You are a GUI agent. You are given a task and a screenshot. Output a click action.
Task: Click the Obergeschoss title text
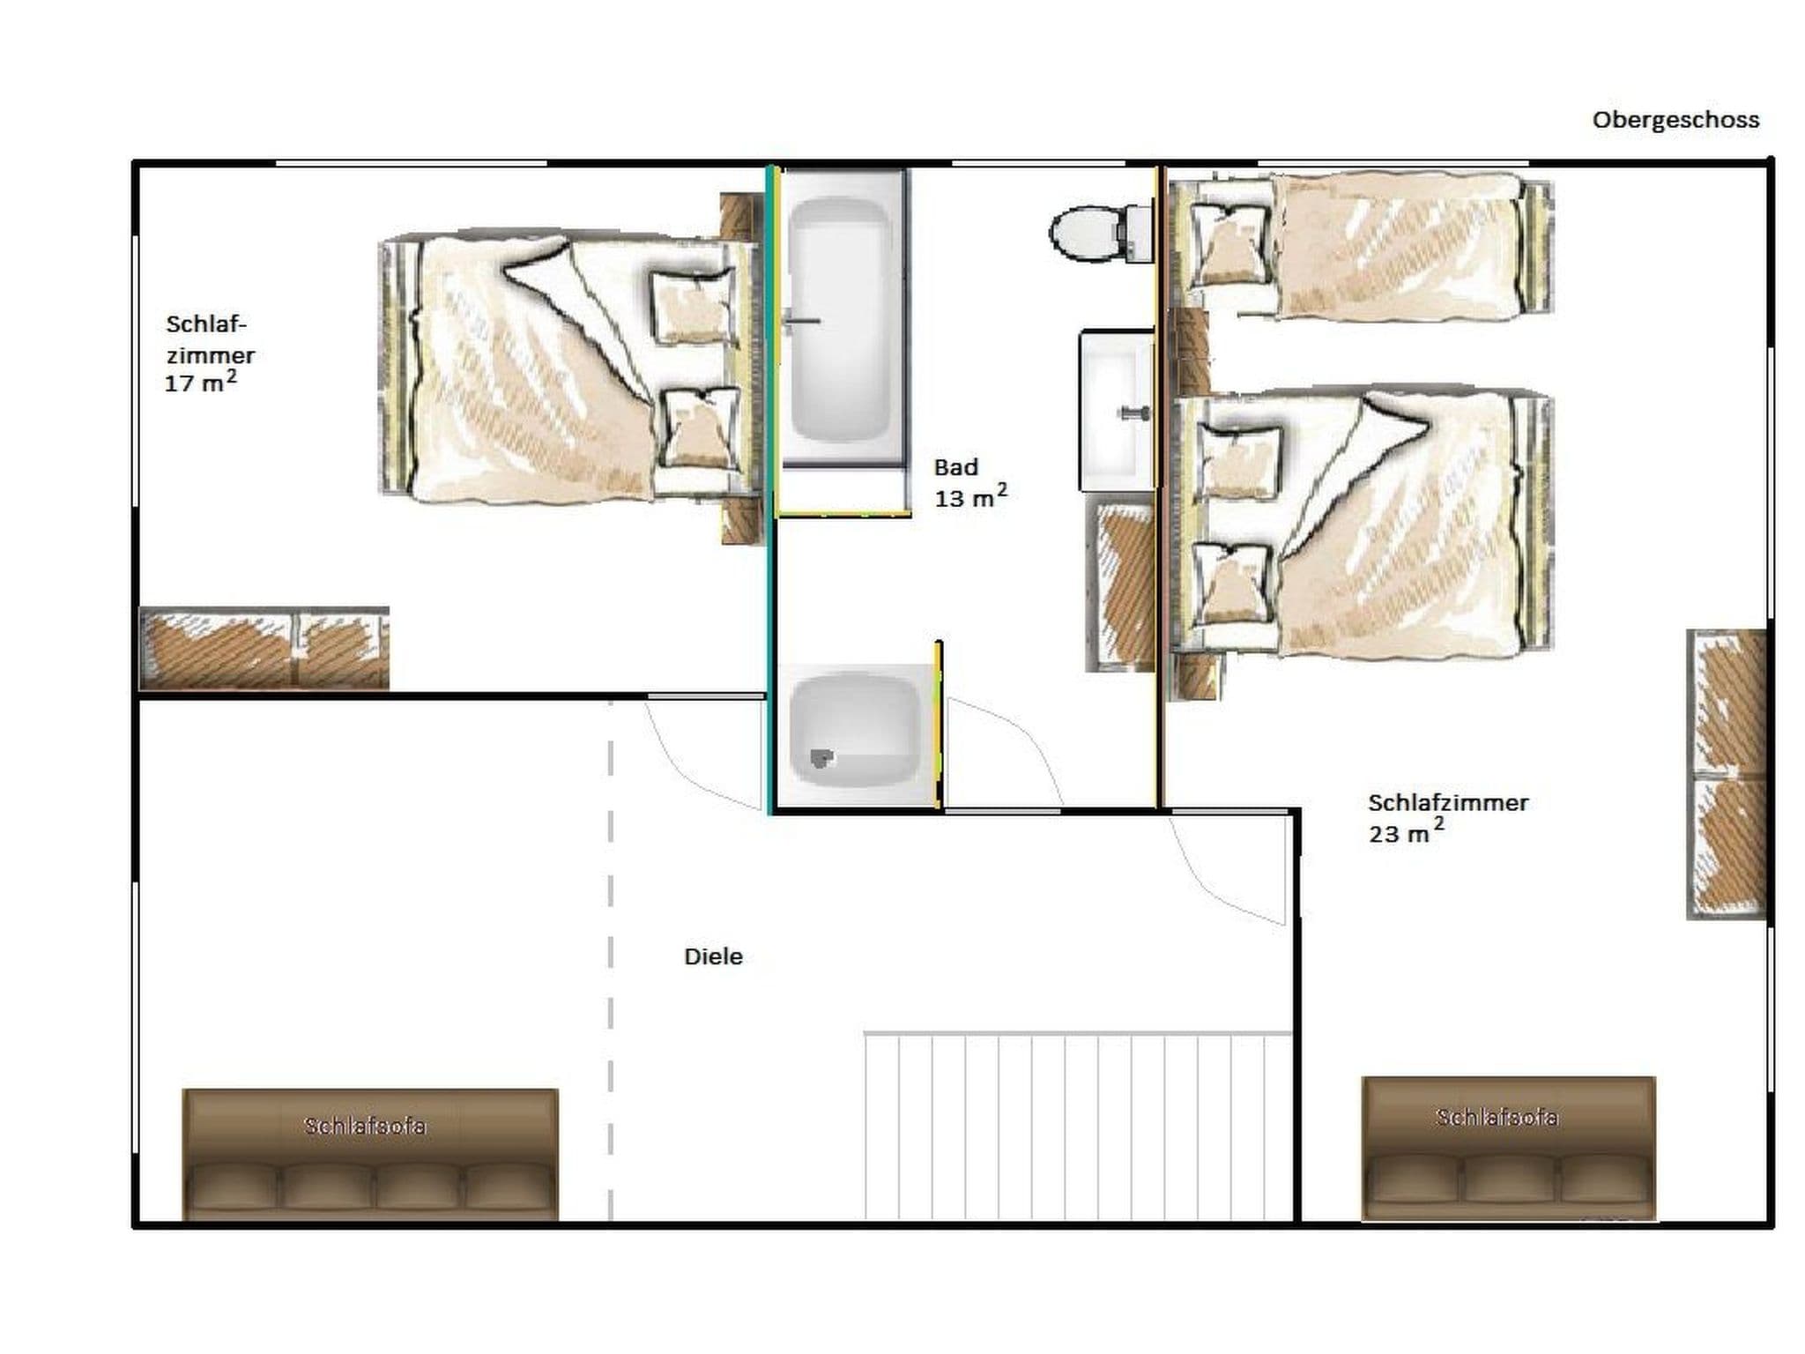tap(1675, 120)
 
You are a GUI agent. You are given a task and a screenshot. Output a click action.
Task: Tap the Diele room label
tap(713, 956)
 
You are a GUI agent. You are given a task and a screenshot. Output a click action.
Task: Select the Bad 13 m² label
tap(970, 483)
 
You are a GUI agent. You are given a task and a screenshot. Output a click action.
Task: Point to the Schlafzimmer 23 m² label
tap(1448, 818)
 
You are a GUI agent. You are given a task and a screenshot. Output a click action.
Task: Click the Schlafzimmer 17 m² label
tap(210, 353)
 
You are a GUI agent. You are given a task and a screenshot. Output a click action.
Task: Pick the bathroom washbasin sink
tap(1117, 410)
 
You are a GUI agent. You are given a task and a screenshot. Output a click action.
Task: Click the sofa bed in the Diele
tap(370, 1155)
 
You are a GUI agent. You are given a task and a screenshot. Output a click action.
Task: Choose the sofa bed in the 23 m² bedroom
tap(1508, 1149)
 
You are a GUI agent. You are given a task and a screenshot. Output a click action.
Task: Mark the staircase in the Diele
tap(1078, 1126)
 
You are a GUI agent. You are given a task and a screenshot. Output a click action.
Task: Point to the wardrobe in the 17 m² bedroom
tap(264, 649)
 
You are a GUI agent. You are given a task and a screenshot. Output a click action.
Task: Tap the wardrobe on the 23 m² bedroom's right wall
tap(1727, 775)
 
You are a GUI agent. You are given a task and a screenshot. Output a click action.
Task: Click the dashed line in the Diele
tap(611, 961)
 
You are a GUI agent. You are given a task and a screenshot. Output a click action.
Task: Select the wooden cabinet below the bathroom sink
tap(1120, 583)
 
